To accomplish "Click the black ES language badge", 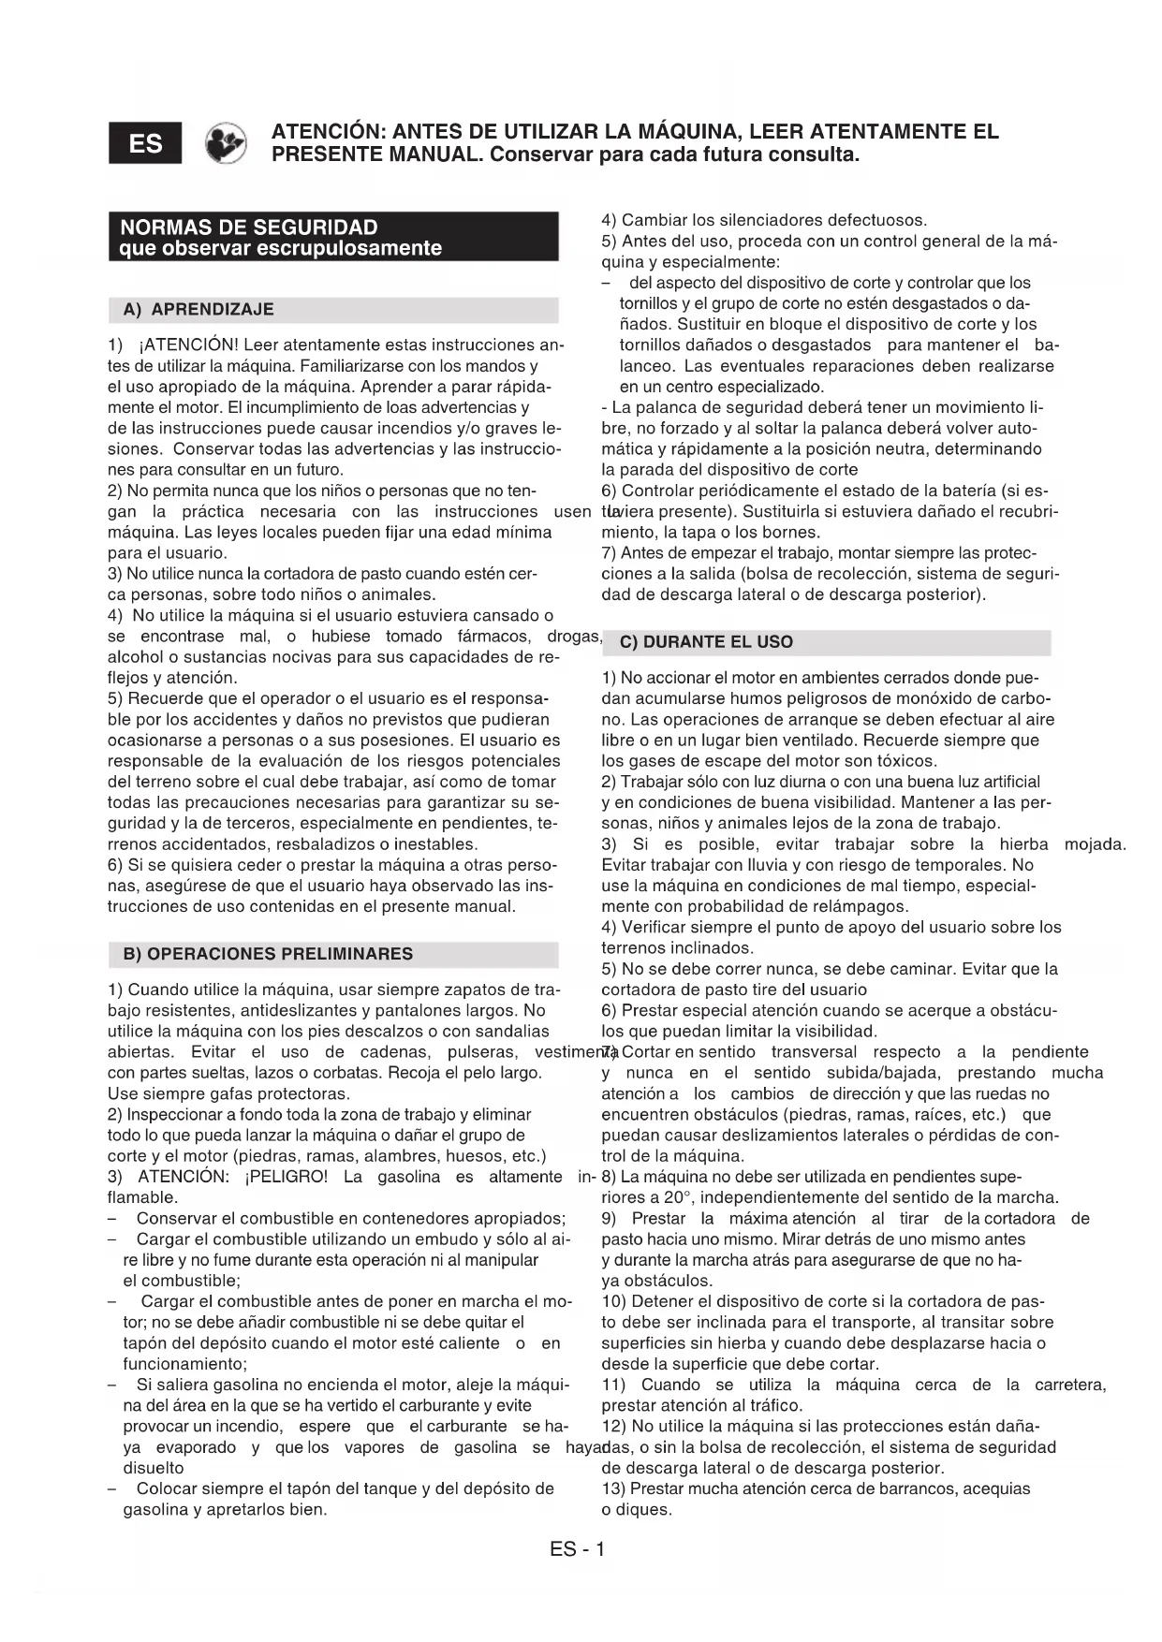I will click(x=145, y=143).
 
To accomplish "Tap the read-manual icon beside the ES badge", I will click(x=226, y=143).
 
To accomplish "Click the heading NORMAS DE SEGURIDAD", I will click(x=249, y=227).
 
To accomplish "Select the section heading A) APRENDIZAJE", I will click(x=199, y=310).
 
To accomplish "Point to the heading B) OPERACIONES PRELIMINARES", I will click(x=268, y=954).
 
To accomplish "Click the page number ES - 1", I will click(x=578, y=1549).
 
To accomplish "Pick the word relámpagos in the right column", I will click(x=865, y=906).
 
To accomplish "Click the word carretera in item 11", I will click(x=1070, y=1385).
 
